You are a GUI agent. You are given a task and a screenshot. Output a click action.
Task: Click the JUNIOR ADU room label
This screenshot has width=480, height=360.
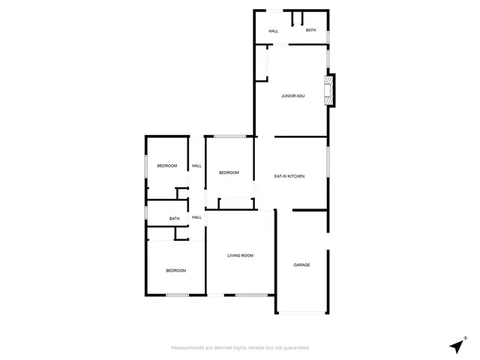[292, 96]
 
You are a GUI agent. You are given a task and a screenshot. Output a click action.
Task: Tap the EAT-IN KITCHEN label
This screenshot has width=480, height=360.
[289, 176]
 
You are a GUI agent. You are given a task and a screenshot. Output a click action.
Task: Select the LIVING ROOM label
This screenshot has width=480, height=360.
[241, 256]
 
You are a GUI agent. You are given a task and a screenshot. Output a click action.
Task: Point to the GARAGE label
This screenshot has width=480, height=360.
[301, 265]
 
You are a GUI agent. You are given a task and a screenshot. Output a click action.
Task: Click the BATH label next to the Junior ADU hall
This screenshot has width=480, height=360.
[310, 31]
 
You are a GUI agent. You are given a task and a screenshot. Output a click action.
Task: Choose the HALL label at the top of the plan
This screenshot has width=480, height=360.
[273, 31]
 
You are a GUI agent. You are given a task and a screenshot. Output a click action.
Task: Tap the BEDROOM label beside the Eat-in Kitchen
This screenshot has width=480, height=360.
[229, 172]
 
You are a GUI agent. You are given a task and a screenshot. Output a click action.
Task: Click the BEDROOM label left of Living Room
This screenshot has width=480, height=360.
[175, 270]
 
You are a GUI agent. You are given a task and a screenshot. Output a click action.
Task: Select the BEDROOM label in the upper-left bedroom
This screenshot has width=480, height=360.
[166, 166]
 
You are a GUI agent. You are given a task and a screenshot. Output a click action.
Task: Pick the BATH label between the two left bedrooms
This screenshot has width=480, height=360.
[174, 219]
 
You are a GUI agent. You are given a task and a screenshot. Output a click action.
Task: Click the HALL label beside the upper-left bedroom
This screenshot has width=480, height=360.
[196, 166]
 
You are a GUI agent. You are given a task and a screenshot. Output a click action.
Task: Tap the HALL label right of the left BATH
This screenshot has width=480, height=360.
[196, 217]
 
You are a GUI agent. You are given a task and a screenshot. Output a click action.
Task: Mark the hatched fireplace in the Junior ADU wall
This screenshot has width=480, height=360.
[328, 89]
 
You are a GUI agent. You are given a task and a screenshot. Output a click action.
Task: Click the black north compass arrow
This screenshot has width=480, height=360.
[455, 346]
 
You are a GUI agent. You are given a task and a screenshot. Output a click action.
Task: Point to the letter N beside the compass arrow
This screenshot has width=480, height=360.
[465, 337]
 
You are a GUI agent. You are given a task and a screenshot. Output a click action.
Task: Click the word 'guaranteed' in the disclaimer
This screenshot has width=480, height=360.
[293, 348]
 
